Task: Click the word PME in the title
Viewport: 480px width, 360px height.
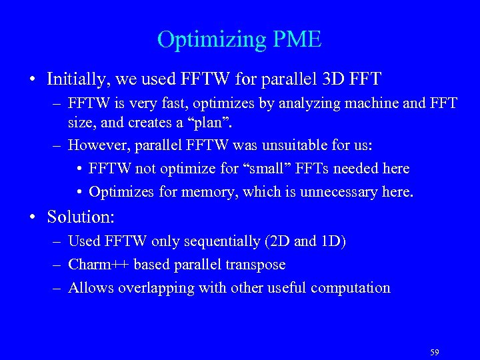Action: tap(297, 40)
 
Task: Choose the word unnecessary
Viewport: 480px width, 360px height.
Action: tap(341, 193)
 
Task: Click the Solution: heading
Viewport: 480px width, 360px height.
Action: tap(81, 217)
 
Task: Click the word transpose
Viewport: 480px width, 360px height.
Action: tap(257, 265)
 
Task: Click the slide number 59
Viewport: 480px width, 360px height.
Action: tap(435, 352)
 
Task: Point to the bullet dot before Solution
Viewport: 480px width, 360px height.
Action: tap(32, 217)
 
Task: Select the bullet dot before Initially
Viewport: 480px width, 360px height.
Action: tap(32, 80)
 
